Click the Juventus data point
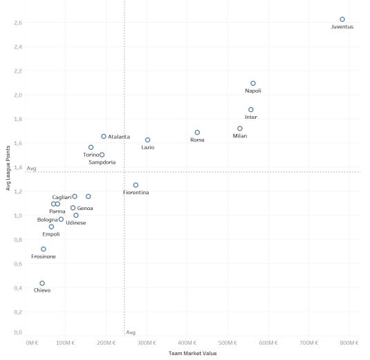pyautogui.click(x=342, y=19)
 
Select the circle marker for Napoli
pyautogui.click(x=253, y=83)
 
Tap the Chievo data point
pyautogui.click(x=42, y=283)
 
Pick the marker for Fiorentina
pyautogui.click(x=136, y=185)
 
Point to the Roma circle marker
pyautogui.click(x=197, y=133)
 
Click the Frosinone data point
pyautogui.click(x=44, y=249)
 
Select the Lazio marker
pyautogui.click(x=147, y=140)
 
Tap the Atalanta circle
pyautogui.click(x=104, y=137)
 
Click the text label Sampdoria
pyautogui.click(x=102, y=162)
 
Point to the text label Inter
pyautogui.click(x=251, y=117)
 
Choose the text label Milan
pyautogui.click(x=239, y=136)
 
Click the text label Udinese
pyautogui.click(x=76, y=223)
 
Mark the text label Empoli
pyautogui.click(x=51, y=234)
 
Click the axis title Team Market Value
pyautogui.click(x=193, y=354)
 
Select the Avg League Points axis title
pyautogui.click(x=6, y=172)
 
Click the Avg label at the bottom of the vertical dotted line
pyautogui.click(x=131, y=332)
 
